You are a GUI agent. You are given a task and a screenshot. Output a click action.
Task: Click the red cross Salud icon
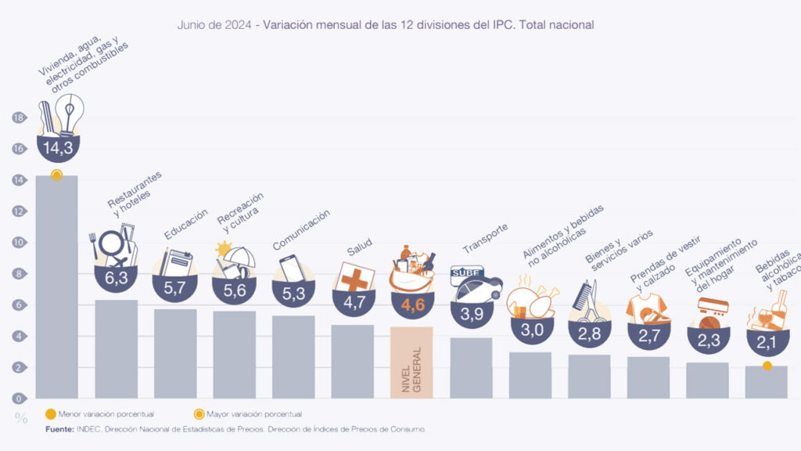point(352,277)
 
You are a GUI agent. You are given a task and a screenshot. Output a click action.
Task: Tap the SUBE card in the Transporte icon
point(466,273)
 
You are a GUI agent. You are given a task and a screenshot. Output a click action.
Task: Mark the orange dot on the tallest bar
point(56,175)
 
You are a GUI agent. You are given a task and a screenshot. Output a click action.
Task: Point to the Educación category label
point(185,224)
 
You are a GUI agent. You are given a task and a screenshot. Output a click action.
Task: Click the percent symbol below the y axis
point(21,418)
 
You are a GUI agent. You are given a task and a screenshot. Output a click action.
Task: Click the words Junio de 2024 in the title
point(215,25)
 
